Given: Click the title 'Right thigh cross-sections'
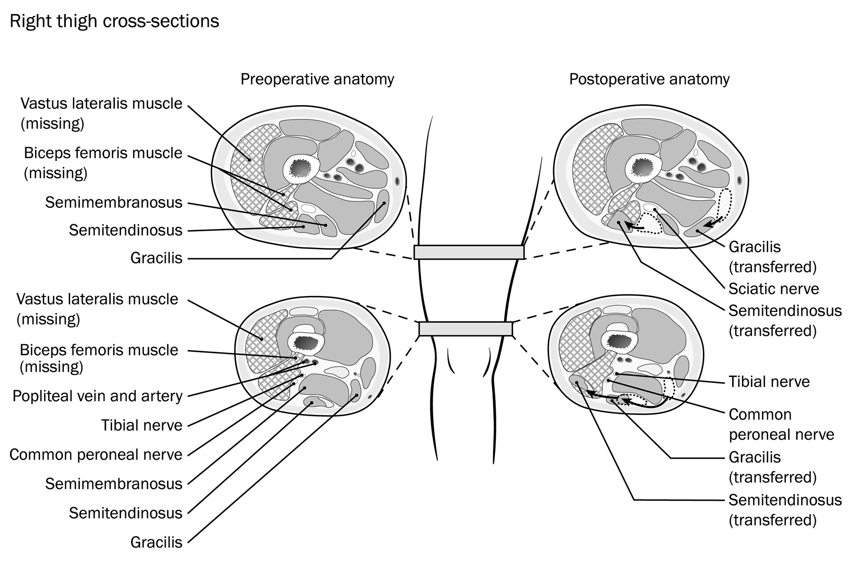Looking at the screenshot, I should tap(114, 21).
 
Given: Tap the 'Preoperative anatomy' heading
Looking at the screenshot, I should tap(317, 79).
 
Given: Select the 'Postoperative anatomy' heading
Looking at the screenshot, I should tap(649, 79).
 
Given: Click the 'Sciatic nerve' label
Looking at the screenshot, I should tap(774, 288).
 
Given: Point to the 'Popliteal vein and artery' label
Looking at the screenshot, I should tap(98, 396).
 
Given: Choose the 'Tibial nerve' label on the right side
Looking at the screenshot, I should tap(769, 382).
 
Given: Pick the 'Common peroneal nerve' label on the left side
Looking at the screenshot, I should tap(96, 454).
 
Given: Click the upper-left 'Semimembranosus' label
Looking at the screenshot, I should tap(113, 202).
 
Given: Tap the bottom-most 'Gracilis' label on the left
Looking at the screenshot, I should tap(156, 542).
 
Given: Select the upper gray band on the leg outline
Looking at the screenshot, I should tap(468, 252).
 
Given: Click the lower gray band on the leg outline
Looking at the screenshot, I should tap(465, 329).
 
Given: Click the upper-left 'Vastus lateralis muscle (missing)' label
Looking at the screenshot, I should tap(101, 113).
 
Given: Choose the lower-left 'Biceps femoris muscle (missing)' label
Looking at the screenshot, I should tap(99, 358).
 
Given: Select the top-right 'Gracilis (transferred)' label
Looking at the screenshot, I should tap(772, 257).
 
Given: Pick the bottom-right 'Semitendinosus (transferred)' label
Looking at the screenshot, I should tap(785, 510).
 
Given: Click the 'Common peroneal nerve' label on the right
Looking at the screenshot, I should tap(781, 424).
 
